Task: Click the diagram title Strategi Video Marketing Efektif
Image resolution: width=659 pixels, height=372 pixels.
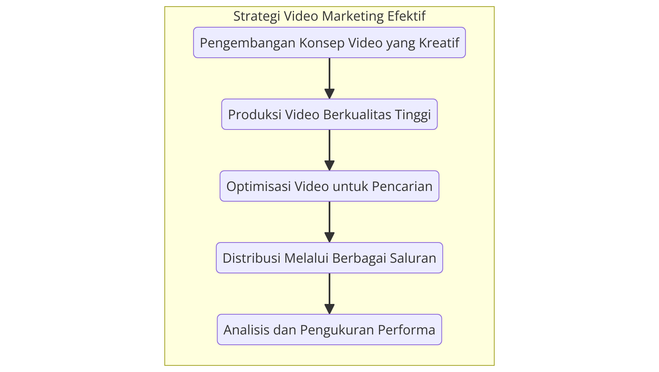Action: [329, 16]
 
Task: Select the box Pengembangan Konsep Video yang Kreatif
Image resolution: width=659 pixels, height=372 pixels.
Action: [329, 42]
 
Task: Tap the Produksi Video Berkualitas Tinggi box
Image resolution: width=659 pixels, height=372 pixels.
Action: [329, 114]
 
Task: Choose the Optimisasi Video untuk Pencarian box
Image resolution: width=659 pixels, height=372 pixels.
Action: [329, 186]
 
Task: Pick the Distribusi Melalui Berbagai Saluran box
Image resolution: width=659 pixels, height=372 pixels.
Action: [329, 258]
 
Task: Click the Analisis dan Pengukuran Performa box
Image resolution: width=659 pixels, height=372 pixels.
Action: [329, 329]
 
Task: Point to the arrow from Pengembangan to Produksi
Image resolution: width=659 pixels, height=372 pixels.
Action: [329, 78]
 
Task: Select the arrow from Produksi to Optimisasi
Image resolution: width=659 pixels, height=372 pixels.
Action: [329, 150]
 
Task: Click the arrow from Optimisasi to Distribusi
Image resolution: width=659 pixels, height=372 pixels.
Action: [329, 222]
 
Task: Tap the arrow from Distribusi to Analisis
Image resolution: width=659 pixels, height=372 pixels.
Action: [329, 294]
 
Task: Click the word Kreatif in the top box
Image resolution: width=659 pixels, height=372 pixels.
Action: [439, 43]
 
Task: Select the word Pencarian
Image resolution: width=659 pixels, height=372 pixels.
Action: [402, 186]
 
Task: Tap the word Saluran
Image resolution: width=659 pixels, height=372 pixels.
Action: [413, 258]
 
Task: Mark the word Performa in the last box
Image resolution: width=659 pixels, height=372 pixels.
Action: [407, 330]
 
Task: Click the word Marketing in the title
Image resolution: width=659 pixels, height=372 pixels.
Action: [353, 16]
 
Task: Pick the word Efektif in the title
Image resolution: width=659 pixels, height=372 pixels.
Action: [407, 16]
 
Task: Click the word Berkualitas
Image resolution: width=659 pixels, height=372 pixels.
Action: [357, 115]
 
